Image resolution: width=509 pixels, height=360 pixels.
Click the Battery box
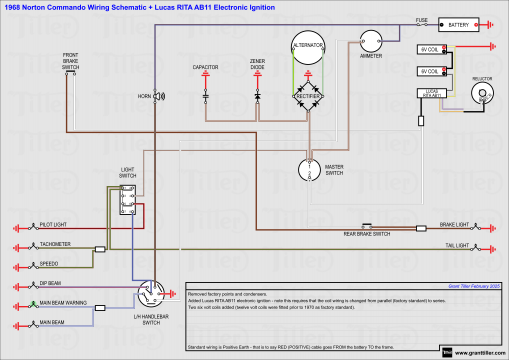pyautogui.click(x=458, y=25)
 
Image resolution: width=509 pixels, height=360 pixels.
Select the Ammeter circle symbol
pyautogui.click(x=371, y=40)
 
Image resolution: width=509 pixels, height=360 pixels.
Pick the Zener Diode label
pyautogui.click(x=258, y=69)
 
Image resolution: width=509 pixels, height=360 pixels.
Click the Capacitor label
pyautogui.click(x=207, y=67)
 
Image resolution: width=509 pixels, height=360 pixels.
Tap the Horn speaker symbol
pyautogui.click(x=158, y=96)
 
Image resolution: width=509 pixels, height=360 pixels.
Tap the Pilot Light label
pyautogui.click(x=53, y=225)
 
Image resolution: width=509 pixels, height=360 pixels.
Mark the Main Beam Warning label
pyautogui.click(x=63, y=301)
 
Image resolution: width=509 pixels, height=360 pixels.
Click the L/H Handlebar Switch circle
pyautogui.click(x=152, y=295)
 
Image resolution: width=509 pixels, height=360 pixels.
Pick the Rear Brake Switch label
pyautogui.click(x=364, y=234)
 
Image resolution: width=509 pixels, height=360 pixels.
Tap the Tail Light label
pyautogui.click(x=457, y=244)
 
